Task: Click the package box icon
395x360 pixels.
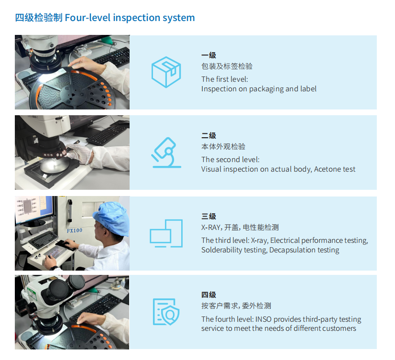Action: [166, 72]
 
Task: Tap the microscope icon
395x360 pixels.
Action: [166, 153]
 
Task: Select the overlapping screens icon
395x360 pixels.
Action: [166, 233]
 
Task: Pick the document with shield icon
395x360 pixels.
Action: [166, 312]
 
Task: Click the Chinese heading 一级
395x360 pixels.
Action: [208, 55]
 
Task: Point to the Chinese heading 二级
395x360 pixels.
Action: [208, 135]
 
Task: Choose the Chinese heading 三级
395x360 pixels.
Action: [208, 216]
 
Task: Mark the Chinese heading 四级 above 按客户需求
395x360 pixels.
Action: [208, 295]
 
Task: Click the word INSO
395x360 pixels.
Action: [263, 319]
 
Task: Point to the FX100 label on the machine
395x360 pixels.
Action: [75, 230]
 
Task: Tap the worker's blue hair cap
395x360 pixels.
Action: [111, 218]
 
